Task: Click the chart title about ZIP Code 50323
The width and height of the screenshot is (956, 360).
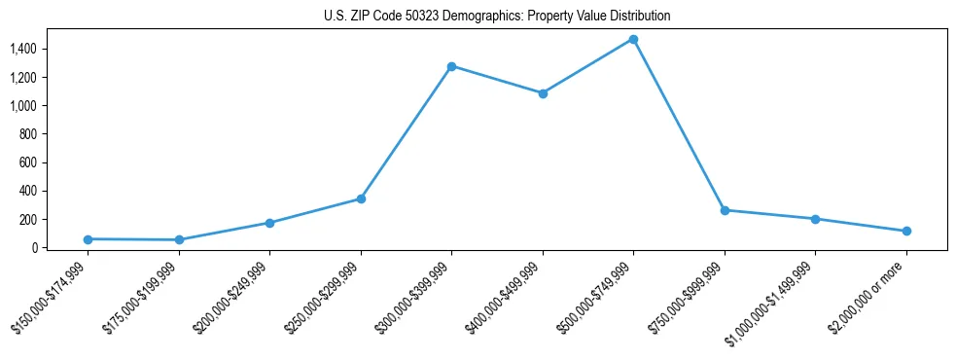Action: (x=497, y=17)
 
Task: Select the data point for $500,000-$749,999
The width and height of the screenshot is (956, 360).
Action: (x=633, y=40)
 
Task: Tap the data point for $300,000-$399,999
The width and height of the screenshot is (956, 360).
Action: (x=451, y=66)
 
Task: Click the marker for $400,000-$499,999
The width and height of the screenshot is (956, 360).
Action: (x=543, y=93)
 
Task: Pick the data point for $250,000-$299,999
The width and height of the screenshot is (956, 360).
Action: (x=361, y=198)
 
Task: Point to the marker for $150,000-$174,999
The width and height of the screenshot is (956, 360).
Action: (x=88, y=239)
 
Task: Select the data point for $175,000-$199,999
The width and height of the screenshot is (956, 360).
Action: (x=179, y=240)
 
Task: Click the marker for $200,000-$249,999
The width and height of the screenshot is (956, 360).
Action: (x=269, y=223)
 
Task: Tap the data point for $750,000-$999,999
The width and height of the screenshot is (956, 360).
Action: (x=725, y=210)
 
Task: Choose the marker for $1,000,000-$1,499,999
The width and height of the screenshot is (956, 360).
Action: (x=815, y=219)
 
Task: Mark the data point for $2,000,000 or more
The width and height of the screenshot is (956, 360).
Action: (x=906, y=232)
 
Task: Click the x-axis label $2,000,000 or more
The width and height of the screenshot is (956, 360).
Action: (x=870, y=298)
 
